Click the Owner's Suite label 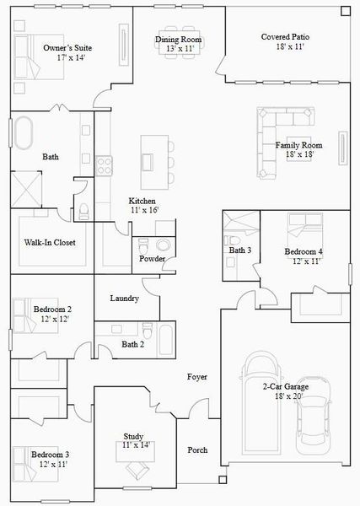click(x=67, y=48)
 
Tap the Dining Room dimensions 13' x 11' click(x=178, y=49)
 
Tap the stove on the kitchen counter click(x=103, y=161)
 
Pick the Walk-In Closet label click(x=50, y=243)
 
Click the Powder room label click(x=153, y=258)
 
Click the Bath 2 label click(x=133, y=344)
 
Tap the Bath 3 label click(x=240, y=250)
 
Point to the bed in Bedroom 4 click(x=299, y=228)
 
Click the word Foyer click(x=197, y=377)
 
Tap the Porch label click(x=197, y=449)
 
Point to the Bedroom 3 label click(x=50, y=455)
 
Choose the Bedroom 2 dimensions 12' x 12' click(x=51, y=320)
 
